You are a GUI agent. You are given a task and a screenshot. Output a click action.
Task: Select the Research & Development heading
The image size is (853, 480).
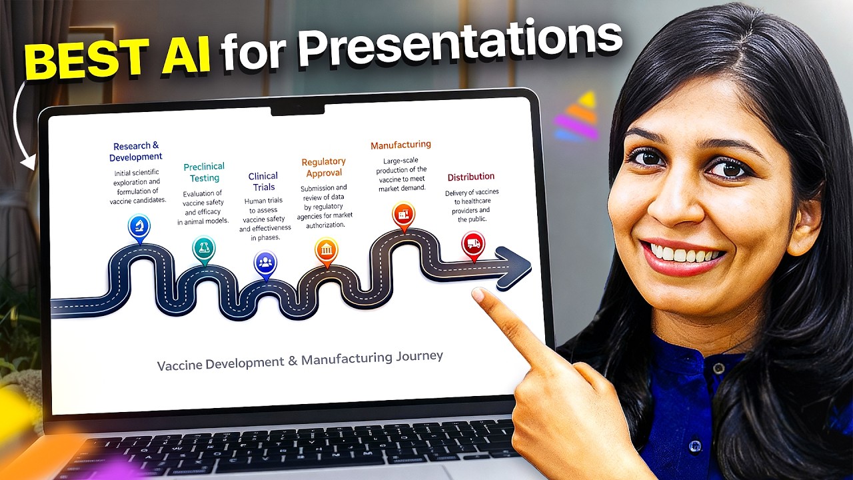(137, 151)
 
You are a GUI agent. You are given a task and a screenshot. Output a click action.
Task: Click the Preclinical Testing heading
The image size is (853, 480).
(204, 172)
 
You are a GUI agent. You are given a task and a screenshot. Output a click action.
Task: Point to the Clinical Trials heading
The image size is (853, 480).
(263, 181)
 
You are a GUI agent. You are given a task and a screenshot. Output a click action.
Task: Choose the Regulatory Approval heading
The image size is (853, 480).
(324, 167)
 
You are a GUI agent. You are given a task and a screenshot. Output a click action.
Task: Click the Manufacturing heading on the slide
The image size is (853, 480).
(401, 145)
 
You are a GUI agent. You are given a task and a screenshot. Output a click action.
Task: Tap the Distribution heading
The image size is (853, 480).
(470, 177)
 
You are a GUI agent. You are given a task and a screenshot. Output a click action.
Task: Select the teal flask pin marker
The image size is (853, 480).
(204, 248)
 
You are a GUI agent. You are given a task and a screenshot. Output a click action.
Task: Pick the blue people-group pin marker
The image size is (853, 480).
(265, 262)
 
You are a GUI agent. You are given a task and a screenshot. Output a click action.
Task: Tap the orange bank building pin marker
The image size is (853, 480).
(327, 250)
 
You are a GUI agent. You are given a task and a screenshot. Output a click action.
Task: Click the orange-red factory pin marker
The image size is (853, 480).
(403, 215)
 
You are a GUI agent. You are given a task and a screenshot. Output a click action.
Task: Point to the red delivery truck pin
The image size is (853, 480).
(473, 243)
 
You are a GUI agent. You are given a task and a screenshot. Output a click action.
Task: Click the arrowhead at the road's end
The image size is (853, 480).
(516, 267)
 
